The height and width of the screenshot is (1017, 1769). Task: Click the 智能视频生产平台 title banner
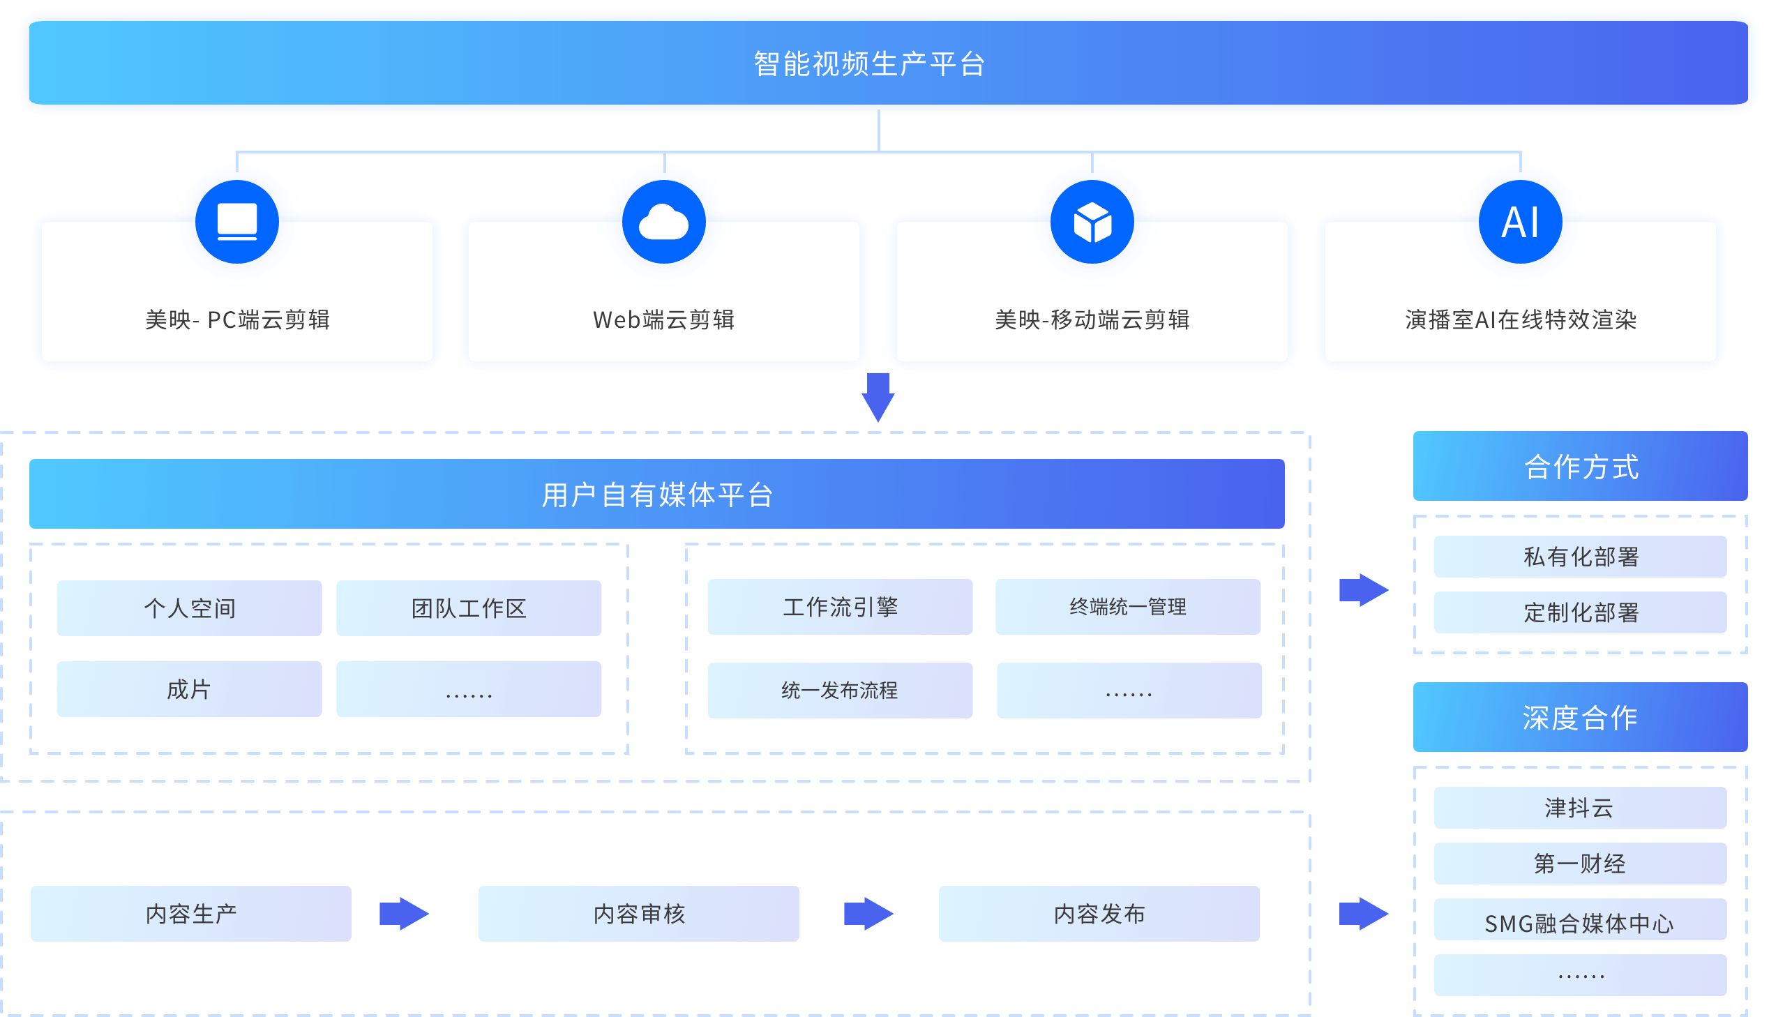[869, 63]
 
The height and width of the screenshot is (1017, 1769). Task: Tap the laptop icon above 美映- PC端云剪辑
[236, 222]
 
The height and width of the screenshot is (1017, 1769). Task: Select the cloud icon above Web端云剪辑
[663, 223]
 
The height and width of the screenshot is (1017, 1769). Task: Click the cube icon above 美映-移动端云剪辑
[1092, 223]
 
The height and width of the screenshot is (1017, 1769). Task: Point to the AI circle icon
[1521, 223]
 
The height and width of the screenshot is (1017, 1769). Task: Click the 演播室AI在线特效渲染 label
[1521, 320]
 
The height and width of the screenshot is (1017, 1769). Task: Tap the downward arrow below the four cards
[878, 397]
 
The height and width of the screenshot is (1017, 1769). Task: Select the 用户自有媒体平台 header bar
[656, 494]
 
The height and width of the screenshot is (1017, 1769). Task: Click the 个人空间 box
[189, 608]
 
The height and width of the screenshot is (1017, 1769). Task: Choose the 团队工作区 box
[469, 608]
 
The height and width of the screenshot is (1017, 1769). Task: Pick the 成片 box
[189, 689]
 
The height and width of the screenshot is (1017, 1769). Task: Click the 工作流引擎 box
[839, 606]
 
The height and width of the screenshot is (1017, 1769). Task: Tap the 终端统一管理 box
[1127, 606]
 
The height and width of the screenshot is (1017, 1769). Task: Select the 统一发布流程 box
[839, 690]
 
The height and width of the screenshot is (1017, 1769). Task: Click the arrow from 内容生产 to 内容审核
[404, 913]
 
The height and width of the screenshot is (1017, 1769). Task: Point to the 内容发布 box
[1099, 913]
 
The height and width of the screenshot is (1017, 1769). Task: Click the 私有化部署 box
[1581, 557]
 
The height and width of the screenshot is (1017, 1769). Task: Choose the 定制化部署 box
[1581, 612]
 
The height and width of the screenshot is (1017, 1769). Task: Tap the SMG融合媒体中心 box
[1581, 922]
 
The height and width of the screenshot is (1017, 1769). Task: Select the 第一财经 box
[1581, 864]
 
